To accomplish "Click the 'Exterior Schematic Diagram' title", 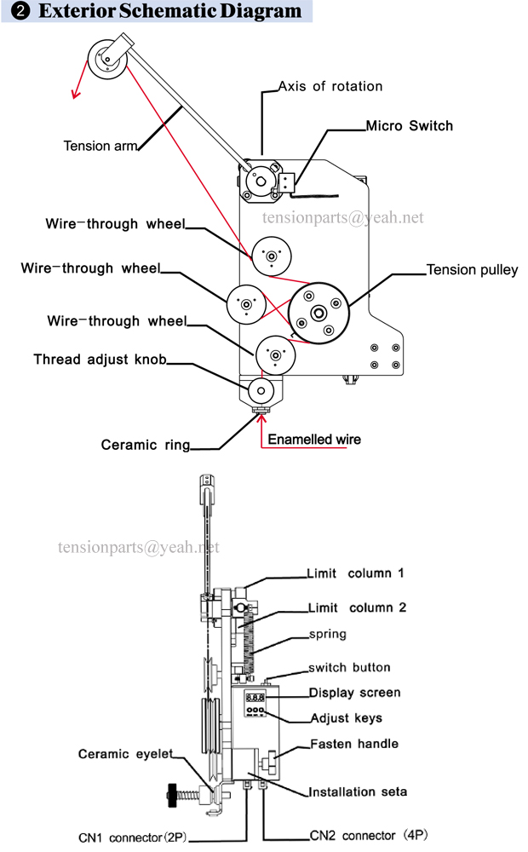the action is coord(169,11).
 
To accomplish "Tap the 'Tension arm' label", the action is coord(100,146).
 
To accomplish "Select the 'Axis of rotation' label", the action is coord(330,86).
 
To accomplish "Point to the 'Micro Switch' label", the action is coord(409,125).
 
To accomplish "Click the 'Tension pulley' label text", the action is coord(472,270).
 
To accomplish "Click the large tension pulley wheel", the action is coord(319,313).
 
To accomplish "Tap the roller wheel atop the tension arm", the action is coord(107,59).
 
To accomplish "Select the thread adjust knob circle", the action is coord(261,391).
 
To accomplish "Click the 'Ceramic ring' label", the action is coord(146,445).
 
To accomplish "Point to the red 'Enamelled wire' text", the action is coord(314,439).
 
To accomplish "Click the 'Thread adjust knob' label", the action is coord(100,360).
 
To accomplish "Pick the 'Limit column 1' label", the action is coord(355,573).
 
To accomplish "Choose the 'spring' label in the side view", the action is coord(328,634).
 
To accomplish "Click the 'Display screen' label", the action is coord(355,693).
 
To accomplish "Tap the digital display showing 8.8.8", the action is coord(255,697).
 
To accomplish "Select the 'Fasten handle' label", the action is coord(354,744).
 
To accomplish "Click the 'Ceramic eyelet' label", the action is coord(125,754).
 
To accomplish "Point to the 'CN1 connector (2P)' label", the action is coord(133,838).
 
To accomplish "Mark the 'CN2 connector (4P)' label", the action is coord(368,835).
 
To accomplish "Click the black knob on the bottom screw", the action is coord(172,795).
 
